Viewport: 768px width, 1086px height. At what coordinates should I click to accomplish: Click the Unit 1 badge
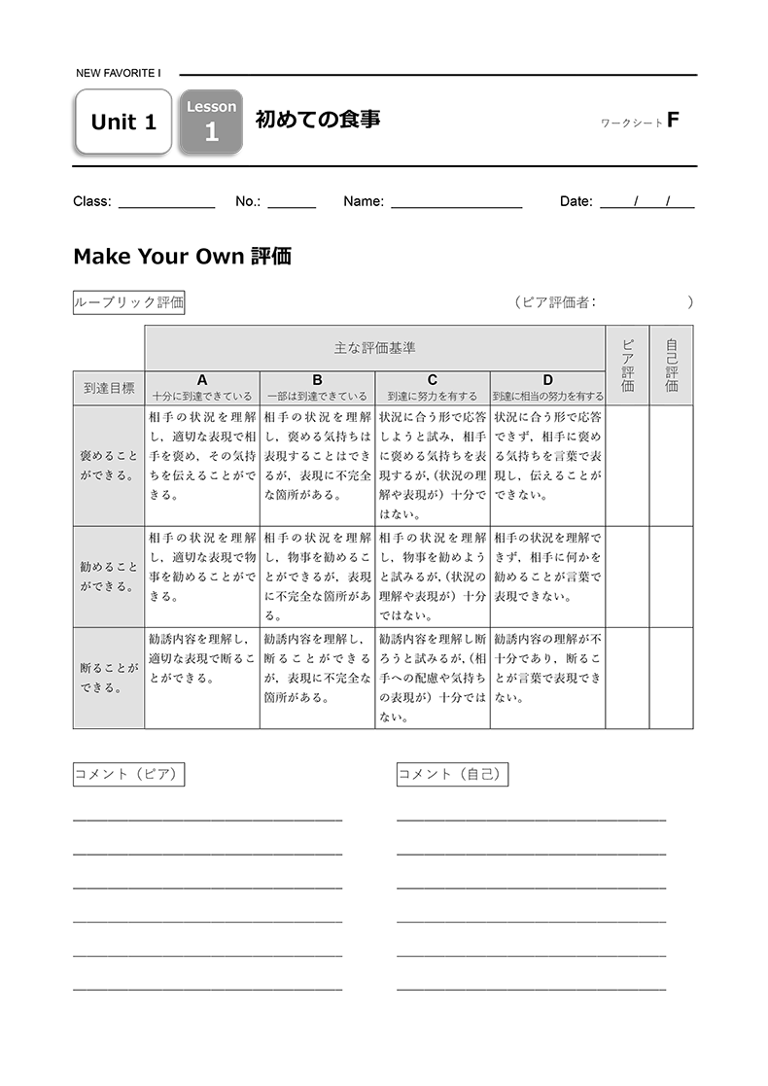point(122,122)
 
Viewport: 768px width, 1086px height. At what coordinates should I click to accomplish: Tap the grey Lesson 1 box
point(211,122)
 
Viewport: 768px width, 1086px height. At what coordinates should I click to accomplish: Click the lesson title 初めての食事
point(317,120)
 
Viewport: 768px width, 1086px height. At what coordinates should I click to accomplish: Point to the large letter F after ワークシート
point(673,121)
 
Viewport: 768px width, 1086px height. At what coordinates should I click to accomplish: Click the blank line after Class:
point(166,202)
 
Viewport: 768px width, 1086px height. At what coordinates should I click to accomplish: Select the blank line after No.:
point(292,202)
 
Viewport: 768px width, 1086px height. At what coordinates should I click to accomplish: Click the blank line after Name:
point(456,202)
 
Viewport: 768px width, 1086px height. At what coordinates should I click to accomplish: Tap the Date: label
point(576,202)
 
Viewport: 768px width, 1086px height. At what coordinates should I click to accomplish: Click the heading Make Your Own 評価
point(182,257)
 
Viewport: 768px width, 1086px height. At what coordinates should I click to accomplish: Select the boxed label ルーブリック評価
point(129,302)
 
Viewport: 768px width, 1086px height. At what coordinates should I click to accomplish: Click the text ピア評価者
point(555,302)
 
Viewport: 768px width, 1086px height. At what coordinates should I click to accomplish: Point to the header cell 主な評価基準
point(374,348)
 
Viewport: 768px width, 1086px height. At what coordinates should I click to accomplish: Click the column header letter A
point(202,380)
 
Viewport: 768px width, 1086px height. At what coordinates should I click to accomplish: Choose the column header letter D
point(547,380)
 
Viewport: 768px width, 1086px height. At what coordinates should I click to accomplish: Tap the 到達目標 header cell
point(109,387)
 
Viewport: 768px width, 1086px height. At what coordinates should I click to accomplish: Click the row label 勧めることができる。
point(109,577)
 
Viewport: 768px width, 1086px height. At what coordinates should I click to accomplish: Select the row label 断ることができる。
point(109,678)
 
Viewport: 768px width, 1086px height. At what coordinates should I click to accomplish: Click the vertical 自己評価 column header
point(672,366)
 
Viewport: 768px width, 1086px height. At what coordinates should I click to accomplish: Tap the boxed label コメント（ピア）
point(129,775)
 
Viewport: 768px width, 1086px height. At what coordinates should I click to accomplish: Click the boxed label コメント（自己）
point(453,775)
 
